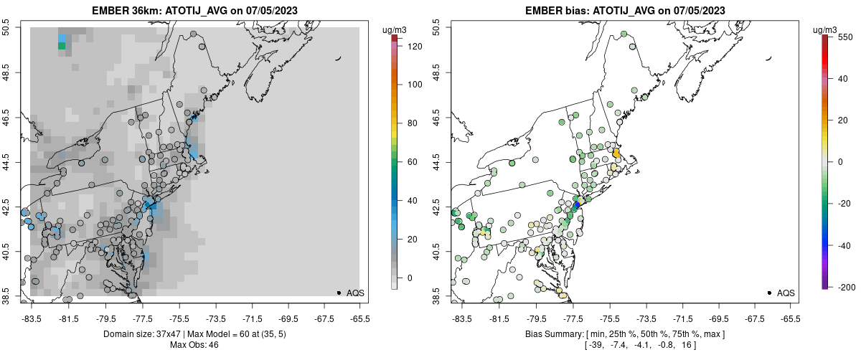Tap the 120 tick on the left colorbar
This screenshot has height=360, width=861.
[415, 46]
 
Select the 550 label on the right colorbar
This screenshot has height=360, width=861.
[844, 36]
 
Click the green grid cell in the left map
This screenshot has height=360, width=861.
[62, 46]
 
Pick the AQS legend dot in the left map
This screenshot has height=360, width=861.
[339, 293]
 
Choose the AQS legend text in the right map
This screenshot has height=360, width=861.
[786, 293]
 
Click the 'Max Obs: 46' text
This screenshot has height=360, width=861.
[194, 345]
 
